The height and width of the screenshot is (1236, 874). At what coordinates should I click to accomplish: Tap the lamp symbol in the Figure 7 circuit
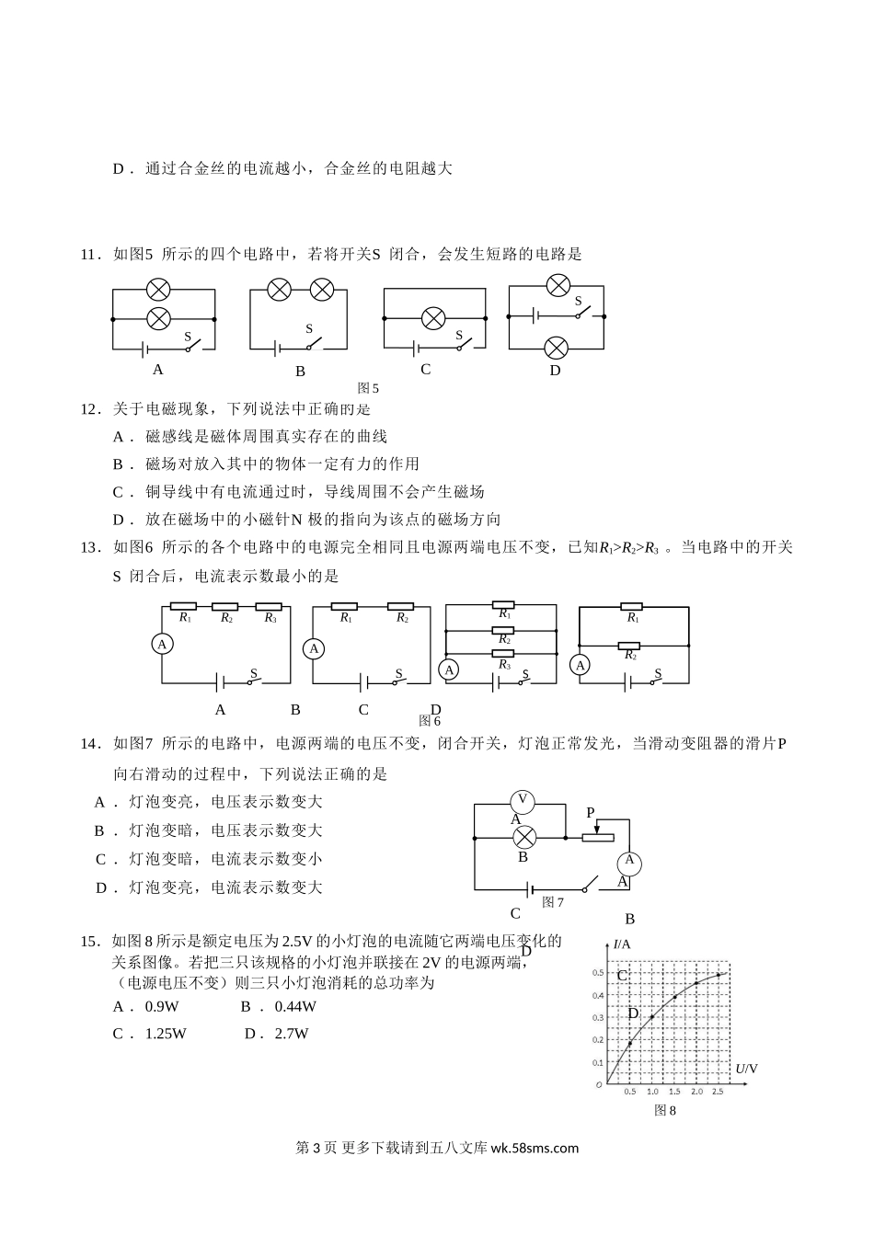523,837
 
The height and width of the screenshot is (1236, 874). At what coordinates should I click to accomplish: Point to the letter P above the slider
591,813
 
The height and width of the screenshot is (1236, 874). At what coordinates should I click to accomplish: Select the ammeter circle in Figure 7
629,862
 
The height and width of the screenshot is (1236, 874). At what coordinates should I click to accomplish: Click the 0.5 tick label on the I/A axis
598,973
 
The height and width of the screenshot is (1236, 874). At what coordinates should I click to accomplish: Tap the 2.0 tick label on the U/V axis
696,1092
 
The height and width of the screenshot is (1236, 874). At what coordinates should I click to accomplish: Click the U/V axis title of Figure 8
746,1068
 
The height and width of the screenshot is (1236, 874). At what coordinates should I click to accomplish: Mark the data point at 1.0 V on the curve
651,1017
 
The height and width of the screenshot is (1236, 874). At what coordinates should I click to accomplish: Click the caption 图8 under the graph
664,1110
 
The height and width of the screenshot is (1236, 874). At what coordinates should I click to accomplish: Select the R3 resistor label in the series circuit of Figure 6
270,618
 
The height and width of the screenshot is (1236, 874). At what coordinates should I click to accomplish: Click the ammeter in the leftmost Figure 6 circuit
162,644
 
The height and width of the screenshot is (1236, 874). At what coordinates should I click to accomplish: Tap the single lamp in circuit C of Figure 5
432,318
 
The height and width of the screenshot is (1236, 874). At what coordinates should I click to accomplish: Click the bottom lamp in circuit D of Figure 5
556,348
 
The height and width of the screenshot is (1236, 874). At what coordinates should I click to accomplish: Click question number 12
89,408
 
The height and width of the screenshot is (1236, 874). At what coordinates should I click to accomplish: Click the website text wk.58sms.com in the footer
535,1148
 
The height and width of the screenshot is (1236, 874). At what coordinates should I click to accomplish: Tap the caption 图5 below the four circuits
368,388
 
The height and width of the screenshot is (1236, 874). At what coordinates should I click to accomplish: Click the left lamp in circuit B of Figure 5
280,290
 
